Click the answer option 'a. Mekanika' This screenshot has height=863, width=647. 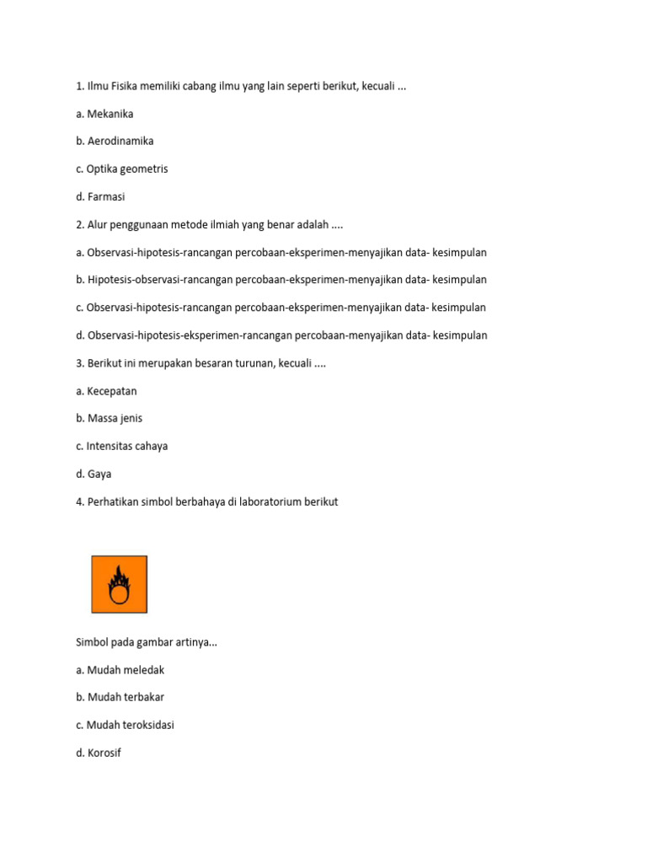click(x=104, y=114)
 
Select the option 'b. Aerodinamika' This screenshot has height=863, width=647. click(x=115, y=142)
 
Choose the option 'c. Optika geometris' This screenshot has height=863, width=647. click(x=121, y=169)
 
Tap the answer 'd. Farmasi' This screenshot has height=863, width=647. click(x=100, y=196)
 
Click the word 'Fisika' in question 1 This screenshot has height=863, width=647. click(x=129, y=86)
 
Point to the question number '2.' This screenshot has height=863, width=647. click(x=80, y=224)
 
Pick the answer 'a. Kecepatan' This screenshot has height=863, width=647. click(x=106, y=391)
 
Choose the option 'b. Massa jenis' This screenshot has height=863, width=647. click(x=109, y=419)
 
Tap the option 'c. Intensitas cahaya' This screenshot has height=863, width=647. click(x=121, y=446)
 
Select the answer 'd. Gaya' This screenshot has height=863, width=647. click(x=94, y=474)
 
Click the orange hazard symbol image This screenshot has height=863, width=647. click(x=120, y=584)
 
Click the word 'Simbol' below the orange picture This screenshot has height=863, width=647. click(x=94, y=642)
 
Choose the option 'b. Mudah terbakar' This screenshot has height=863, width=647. click(x=120, y=698)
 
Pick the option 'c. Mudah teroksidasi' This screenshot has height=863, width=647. click(x=125, y=725)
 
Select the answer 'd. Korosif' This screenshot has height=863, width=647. click(x=99, y=753)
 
